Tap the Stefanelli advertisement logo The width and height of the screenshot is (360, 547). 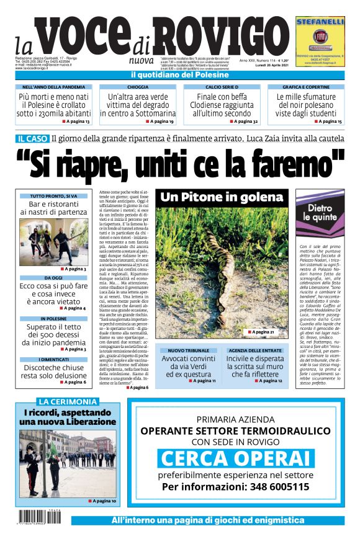tap(320, 37)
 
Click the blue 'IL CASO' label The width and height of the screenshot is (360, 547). tap(33, 139)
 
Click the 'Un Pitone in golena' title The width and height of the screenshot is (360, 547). tap(222, 197)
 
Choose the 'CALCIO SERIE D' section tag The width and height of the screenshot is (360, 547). tap(222, 87)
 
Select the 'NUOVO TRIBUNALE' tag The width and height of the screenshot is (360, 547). tap(188, 351)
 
